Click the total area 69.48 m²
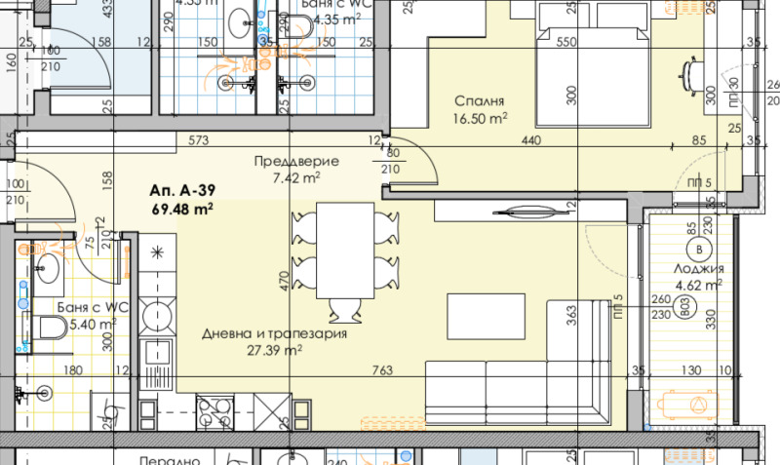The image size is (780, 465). coord(182,209)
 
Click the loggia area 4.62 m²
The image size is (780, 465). coord(698,286)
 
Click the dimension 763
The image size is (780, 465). coord(383,369)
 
